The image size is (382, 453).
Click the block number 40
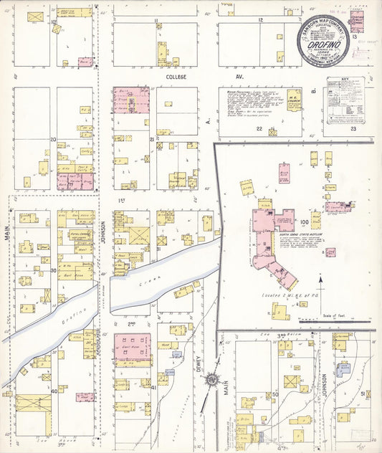(x=53, y=391)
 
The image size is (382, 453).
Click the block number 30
(x=53, y=270)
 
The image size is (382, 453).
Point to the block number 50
(x=275, y=394)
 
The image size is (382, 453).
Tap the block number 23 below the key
(x=353, y=130)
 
